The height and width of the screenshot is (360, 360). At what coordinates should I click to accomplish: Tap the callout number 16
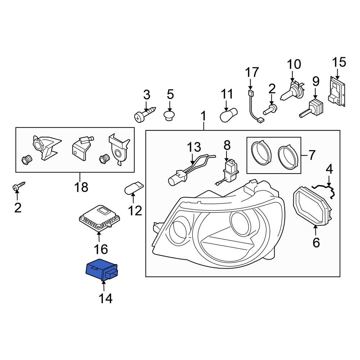(100, 249)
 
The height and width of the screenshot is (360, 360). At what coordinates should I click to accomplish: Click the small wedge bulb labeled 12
(134, 188)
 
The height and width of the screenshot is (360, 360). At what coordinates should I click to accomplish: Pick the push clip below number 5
(170, 115)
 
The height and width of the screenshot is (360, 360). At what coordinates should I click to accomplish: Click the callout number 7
(312, 155)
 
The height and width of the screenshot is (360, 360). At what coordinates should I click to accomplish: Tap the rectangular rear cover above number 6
(312, 206)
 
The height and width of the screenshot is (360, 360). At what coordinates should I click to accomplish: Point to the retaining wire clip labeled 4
(325, 189)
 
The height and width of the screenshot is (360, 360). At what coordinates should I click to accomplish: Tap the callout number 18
(82, 187)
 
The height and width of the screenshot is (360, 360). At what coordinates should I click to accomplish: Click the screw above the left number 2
(18, 186)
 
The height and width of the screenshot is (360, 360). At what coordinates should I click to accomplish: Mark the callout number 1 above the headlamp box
(203, 117)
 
